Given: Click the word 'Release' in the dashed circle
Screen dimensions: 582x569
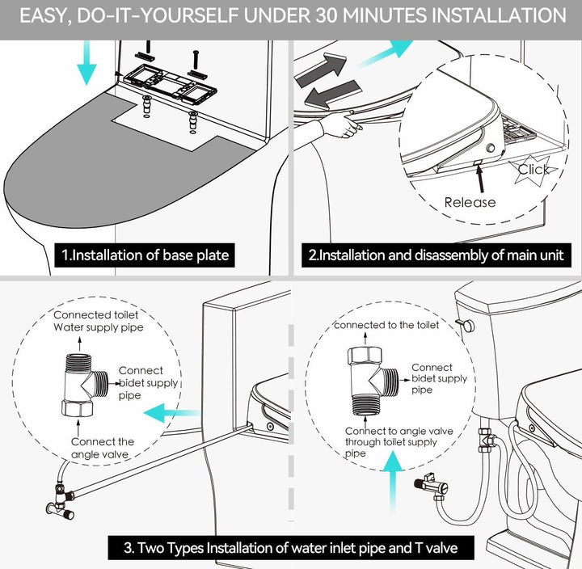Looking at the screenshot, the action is (x=470, y=202).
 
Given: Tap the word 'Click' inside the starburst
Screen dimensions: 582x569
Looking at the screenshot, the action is (x=533, y=169).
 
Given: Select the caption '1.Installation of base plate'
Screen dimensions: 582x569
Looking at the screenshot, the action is (x=145, y=255).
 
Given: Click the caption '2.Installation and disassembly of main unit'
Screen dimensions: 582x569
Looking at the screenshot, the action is (x=436, y=255).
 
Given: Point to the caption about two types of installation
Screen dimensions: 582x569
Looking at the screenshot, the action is (x=291, y=547).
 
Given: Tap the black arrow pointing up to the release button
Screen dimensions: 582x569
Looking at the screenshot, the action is (x=480, y=179).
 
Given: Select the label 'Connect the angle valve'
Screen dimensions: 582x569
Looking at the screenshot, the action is (x=103, y=448).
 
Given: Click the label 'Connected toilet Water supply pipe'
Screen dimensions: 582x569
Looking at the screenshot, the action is (x=99, y=321).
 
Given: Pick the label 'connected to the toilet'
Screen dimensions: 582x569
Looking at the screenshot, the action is (x=386, y=325).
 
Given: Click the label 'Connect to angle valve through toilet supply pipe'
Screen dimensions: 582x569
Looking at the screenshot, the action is (x=399, y=442).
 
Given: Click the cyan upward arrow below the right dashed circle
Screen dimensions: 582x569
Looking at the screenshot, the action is (x=393, y=482).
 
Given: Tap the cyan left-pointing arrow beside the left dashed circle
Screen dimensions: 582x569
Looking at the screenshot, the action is (x=171, y=413).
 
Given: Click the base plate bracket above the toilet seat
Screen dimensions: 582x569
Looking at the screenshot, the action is (x=170, y=84).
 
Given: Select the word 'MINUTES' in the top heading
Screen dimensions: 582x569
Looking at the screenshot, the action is (x=386, y=15).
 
